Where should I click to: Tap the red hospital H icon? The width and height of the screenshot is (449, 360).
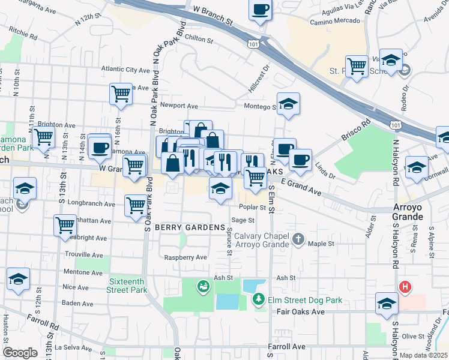coord(405,287)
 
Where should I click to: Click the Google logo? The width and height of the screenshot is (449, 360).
coord(20,353)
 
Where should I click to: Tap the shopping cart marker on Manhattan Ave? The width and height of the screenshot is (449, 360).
coord(65,226)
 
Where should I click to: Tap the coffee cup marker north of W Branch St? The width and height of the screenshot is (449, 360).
coord(261,10)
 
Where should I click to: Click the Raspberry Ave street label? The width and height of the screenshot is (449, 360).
coord(186,257)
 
